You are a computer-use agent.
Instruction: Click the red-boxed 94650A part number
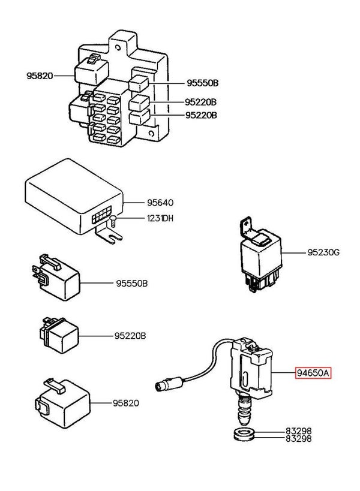pos(313,373)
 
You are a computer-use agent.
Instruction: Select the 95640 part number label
pos(152,203)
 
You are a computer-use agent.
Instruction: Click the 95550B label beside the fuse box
pos(201,84)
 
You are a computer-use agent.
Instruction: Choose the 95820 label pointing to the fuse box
pos(40,76)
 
